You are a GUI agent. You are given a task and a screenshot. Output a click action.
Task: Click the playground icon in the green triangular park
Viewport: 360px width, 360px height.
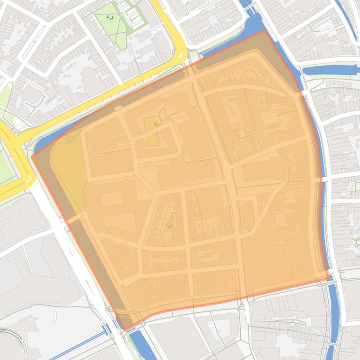[x=110, y=18]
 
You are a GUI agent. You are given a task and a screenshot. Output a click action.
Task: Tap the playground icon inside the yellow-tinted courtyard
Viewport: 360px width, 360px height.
[x=157, y=124]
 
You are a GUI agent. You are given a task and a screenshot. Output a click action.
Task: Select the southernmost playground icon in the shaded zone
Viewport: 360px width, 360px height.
[x=169, y=226]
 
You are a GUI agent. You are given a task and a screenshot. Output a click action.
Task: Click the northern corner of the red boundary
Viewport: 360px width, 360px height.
[x=264, y=31]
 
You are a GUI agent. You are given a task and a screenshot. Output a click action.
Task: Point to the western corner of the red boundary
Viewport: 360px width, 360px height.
[x=32, y=156]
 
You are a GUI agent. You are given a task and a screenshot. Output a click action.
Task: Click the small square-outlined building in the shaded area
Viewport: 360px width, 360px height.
[x=242, y=134]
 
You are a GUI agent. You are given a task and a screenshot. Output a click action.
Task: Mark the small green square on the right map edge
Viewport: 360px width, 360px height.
[x=357, y=187]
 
